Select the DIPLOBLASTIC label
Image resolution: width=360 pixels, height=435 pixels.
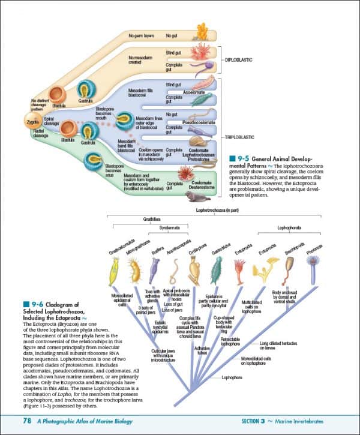[241, 60]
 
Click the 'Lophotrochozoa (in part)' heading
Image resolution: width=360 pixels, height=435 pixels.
[215, 211]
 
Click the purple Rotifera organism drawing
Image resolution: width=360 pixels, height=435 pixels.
[155, 268]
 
